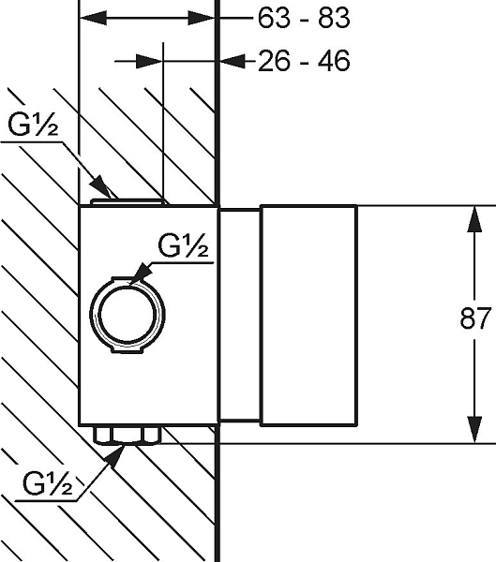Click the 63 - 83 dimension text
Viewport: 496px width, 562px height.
[304, 18]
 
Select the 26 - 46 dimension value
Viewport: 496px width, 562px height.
[304, 61]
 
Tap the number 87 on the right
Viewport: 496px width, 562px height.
[474, 318]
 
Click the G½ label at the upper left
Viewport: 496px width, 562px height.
[33, 125]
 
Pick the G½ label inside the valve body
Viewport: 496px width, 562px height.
[183, 245]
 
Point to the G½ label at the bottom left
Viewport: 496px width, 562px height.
[48, 483]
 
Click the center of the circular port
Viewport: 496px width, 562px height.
[128, 315]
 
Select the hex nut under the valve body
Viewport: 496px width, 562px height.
[128, 435]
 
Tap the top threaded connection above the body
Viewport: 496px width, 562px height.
[128, 202]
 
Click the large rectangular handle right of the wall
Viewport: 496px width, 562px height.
[308, 316]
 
